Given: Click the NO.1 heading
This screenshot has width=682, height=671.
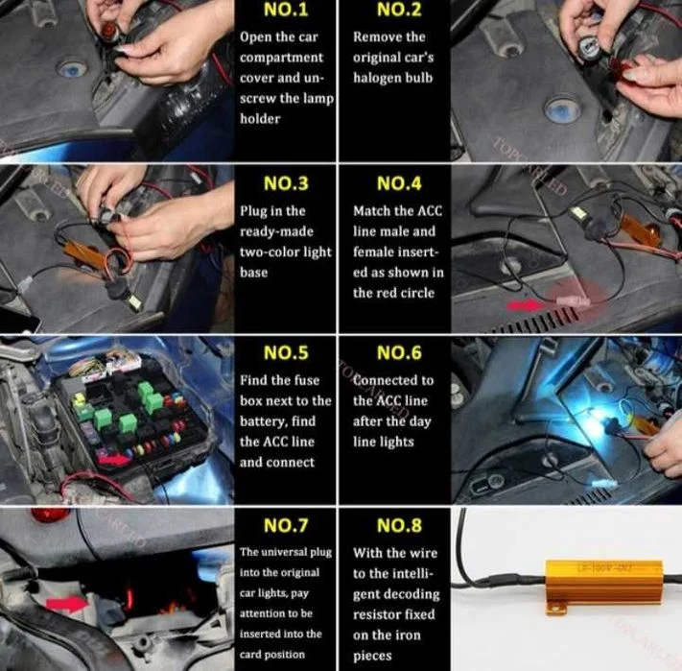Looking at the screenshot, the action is [286, 10].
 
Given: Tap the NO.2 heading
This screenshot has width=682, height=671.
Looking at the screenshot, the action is [399, 10].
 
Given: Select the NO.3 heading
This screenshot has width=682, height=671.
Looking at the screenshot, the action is [286, 183].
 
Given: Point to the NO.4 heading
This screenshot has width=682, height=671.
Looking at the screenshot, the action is [399, 183].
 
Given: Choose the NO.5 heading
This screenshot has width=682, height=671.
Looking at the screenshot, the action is [286, 352].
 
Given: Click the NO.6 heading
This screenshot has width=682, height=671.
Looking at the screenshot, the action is [399, 352].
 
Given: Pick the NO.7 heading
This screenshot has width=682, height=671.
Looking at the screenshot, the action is [286, 525].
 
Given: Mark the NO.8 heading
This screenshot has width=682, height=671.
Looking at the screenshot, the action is [399, 525].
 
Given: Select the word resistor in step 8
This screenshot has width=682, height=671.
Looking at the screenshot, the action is [374, 615].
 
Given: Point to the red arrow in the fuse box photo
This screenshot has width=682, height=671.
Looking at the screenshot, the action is [113, 458].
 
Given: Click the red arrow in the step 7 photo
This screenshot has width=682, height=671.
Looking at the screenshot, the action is [67, 604].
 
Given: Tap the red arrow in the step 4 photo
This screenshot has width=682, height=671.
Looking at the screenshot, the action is [525, 305].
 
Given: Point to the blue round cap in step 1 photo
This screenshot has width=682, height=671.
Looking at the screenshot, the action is [72, 69].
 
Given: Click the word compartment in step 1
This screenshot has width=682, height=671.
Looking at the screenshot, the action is [281, 58].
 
